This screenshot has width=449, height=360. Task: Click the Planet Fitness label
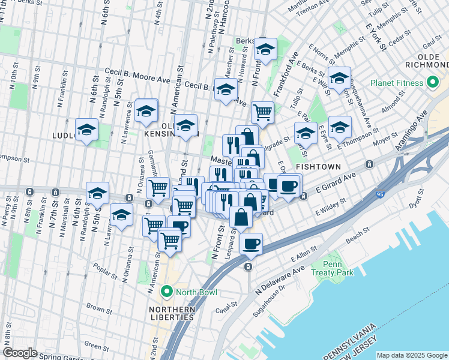pos(397,82)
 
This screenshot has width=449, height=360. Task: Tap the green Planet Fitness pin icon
pos(432,82)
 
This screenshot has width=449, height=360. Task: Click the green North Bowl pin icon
pos(168,293)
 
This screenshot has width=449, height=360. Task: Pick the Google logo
pos(20,353)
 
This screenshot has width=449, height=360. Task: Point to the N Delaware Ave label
pos(280,281)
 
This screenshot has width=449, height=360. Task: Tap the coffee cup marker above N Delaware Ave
pos(251,243)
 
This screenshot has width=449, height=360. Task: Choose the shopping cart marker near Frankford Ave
pos(262,112)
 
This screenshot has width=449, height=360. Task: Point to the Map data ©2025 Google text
pos(411,355)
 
